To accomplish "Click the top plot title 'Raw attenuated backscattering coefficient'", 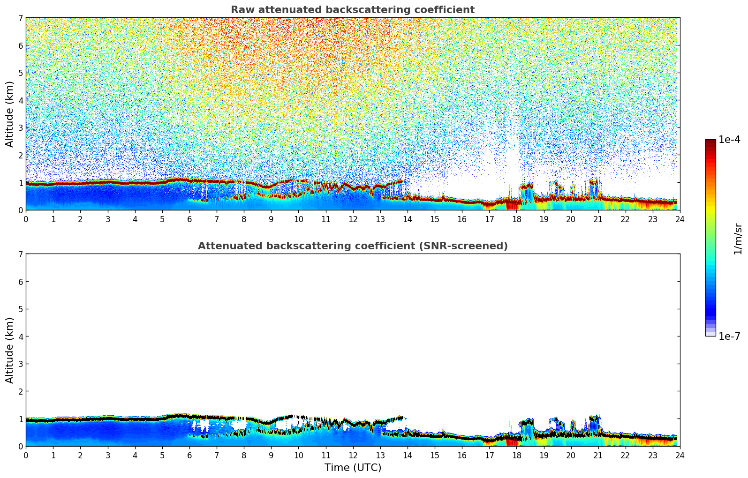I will coord(353,10).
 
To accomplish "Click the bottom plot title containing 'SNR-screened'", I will coord(353,246).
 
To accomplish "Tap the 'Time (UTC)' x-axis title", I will coord(353,467).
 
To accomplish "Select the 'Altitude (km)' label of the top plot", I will coord(10,114).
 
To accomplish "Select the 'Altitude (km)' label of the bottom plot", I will coord(10,350).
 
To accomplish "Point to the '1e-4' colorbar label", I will coord(729,140).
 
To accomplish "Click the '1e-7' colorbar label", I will coord(729,336).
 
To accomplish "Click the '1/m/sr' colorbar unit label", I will coord(738,239).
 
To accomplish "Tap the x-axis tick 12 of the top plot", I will coord(353,219).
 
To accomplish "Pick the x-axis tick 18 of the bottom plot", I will coord(516,455).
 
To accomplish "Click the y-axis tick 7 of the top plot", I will coord(21,18).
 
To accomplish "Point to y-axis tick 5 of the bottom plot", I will coord(21,309).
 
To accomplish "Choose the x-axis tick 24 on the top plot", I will coord(680,219).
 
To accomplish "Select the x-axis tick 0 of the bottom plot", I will coord(26,455).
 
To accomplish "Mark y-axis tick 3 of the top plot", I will coord(21,128).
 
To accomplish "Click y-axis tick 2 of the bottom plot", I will coord(21,391).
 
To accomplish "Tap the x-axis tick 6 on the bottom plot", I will coord(189,455).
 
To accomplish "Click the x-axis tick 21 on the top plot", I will coord(598,219).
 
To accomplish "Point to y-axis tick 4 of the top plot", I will coord(21,100).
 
